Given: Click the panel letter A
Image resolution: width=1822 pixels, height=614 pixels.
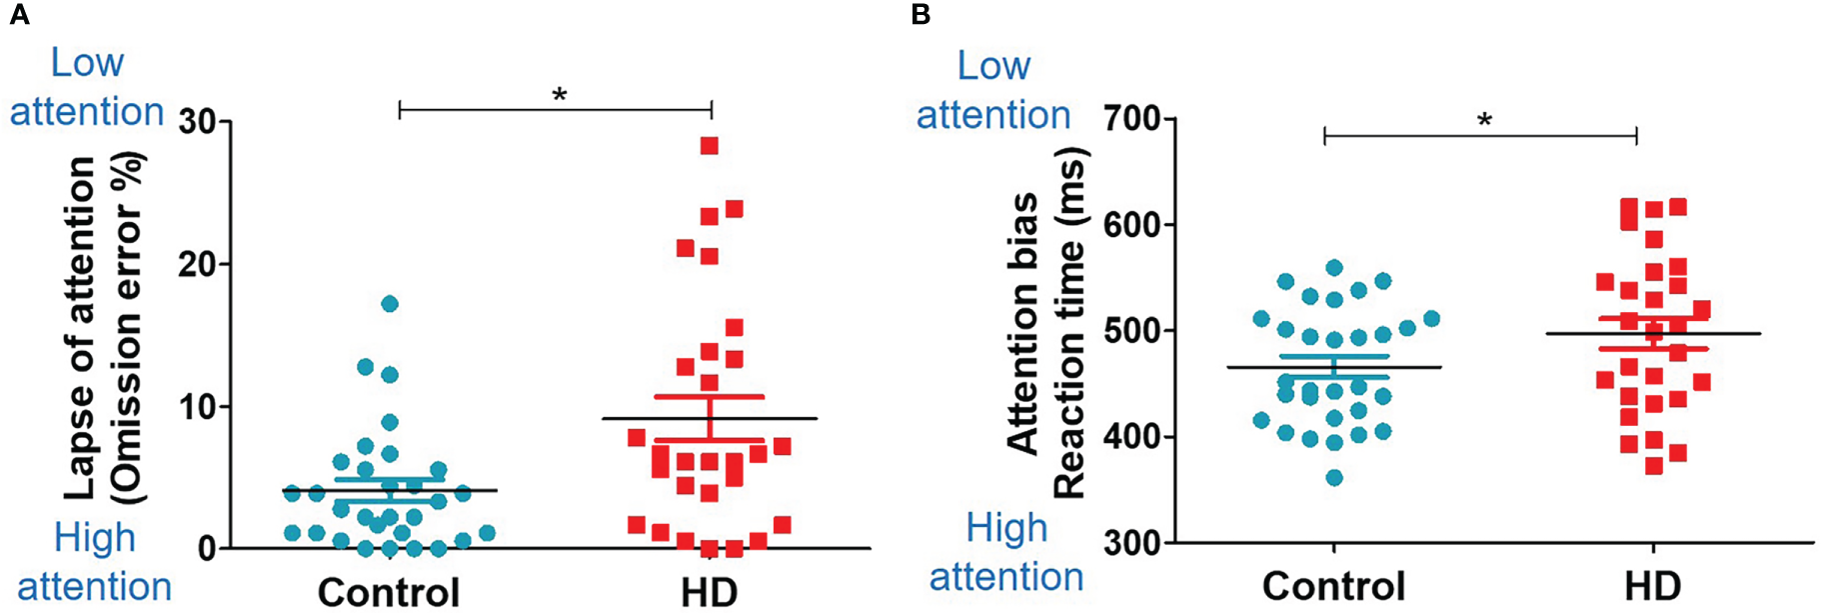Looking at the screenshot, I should [19, 15].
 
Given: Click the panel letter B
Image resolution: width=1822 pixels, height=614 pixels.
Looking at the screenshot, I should [921, 15].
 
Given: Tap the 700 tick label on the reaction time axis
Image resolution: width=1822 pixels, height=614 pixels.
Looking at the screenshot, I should [1132, 119].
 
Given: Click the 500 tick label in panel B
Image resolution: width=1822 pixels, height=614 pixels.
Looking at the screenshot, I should [1132, 331].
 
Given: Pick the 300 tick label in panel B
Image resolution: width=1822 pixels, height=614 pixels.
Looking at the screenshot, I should [1132, 543].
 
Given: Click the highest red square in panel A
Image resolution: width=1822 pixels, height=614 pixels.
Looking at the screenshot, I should [710, 146].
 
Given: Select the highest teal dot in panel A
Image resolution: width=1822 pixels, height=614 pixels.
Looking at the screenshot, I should [390, 303].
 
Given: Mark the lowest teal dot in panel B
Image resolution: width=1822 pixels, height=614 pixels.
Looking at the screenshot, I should [1334, 478].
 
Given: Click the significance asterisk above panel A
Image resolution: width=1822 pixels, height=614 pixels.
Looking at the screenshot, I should [560, 95].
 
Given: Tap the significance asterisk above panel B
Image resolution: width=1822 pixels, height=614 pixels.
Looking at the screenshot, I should [1485, 121].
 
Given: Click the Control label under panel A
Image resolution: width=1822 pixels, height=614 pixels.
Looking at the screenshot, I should [389, 592].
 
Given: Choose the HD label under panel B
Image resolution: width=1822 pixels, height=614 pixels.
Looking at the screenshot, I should [1652, 585].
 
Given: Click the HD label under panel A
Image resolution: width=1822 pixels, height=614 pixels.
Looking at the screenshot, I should [709, 592].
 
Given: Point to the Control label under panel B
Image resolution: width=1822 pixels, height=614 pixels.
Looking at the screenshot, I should [1333, 585].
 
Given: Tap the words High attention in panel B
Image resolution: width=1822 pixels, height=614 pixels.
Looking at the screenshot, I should [1005, 552].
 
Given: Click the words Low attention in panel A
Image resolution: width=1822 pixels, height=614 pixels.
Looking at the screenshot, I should [87, 87].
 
